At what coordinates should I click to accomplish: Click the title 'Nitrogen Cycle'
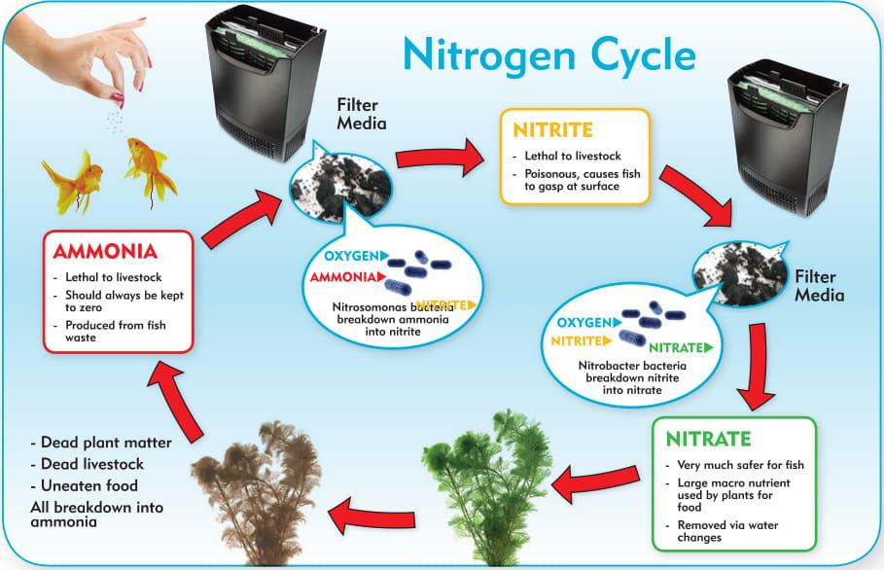point(548,56)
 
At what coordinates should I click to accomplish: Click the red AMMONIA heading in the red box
point(105,251)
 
